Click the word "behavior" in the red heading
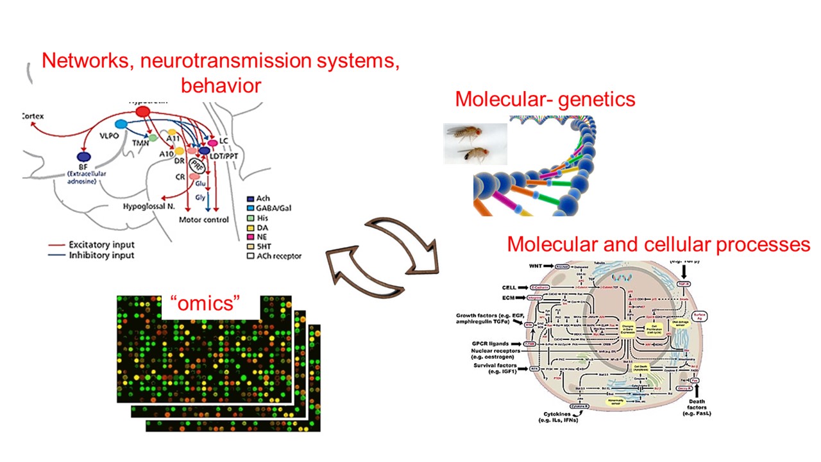tap(221, 85)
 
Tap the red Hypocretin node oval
tap(143, 112)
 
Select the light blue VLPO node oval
tap(121, 123)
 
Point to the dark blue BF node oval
tap(83, 157)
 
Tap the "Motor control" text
tap(204, 219)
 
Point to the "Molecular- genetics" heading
tap(545, 99)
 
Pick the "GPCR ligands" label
tap(490, 343)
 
